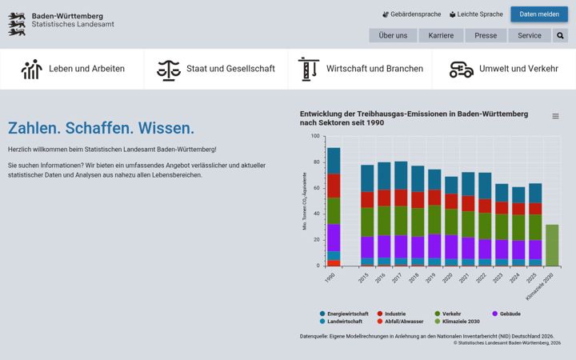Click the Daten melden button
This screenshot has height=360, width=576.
(539, 14)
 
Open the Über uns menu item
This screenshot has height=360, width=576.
(393, 36)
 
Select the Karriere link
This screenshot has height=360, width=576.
(441, 36)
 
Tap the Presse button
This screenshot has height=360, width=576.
(486, 36)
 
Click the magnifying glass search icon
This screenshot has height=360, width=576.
(560, 36)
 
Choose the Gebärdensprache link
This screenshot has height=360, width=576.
(411, 14)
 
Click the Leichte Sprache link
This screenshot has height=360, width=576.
(476, 14)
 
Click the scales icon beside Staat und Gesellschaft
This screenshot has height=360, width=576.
(169, 70)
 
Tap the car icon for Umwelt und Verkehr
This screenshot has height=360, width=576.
(462, 70)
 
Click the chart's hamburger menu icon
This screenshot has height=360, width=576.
(555, 116)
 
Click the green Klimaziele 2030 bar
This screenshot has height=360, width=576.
(552, 245)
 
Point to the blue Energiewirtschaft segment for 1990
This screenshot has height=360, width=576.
(334, 161)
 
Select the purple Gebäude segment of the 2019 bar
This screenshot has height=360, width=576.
(434, 246)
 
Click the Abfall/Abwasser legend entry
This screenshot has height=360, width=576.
(401, 322)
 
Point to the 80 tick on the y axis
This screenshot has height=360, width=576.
(316, 162)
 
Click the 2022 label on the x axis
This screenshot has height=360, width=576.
(481, 278)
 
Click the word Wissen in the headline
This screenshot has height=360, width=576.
(166, 128)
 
